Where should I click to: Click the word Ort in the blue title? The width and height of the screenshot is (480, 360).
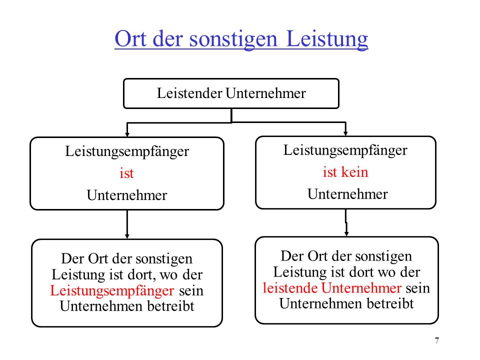[130, 38]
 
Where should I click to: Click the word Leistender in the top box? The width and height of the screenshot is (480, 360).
[189, 93]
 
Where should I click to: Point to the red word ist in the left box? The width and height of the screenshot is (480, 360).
[126, 173]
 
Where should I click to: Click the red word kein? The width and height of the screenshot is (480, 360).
[354, 171]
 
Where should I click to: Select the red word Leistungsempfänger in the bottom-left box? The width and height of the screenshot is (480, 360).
[112, 291]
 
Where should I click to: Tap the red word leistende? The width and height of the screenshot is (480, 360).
[290, 288]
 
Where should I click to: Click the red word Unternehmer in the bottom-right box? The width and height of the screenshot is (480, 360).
[361, 288]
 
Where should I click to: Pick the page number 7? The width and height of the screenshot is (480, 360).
[437, 340]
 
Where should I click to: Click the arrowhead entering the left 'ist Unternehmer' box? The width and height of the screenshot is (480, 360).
[127, 134]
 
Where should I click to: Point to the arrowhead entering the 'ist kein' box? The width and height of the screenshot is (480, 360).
[345, 133]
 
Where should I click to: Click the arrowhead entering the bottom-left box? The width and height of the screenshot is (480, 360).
[127, 236]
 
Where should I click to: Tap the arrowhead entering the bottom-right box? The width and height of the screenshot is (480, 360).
[346, 233]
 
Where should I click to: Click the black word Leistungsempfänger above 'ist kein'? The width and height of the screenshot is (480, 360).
[345, 150]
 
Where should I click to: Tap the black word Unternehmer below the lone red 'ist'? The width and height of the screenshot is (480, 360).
[127, 195]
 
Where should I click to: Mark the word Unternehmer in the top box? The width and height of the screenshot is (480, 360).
[265, 93]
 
